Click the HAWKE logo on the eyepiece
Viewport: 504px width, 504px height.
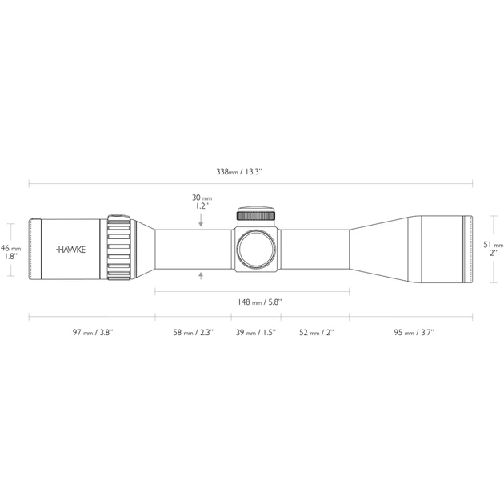(x=70, y=250)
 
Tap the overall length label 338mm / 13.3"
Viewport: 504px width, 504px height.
(x=239, y=172)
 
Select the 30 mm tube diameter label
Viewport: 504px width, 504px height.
(x=202, y=202)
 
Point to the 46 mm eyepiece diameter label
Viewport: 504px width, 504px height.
(x=10, y=252)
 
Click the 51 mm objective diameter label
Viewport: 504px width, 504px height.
(x=493, y=249)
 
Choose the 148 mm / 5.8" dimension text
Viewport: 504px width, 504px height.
(x=260, y=302)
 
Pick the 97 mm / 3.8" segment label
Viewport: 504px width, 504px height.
(x=93, y=332)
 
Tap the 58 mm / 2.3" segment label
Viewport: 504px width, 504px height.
(x=193, y=332)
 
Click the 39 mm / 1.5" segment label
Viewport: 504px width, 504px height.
(x=256, y=332)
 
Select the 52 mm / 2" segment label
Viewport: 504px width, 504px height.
(x=317, y=332)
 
